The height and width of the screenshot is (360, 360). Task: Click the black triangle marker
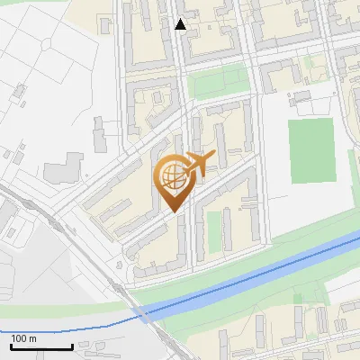[181, 24]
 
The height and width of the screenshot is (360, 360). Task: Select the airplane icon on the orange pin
[197, 165]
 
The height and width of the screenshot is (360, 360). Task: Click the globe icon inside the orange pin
[172, 176]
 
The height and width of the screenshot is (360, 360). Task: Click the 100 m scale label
[24, 338]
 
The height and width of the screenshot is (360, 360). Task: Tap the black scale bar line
[41, 346]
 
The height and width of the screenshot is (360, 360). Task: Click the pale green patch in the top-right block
[312, 65]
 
